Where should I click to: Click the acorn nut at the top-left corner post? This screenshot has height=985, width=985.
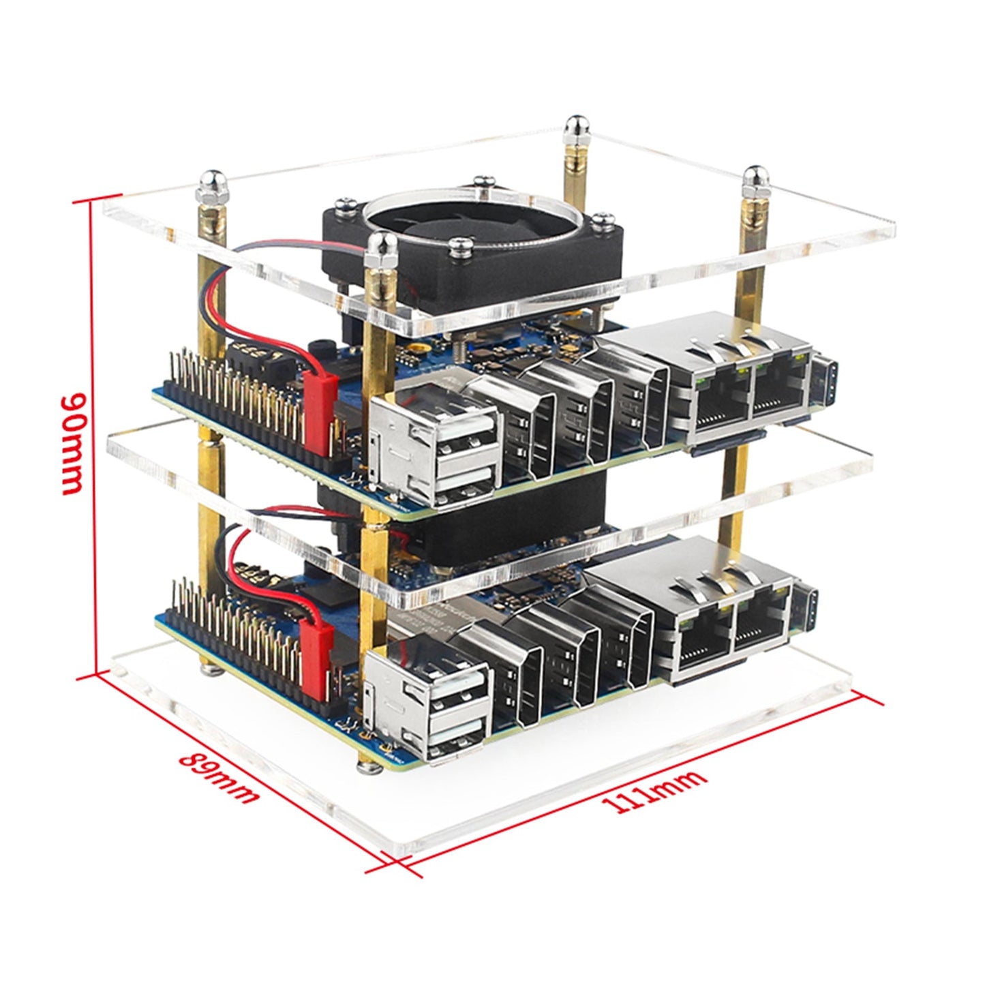tap(207, 184)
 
